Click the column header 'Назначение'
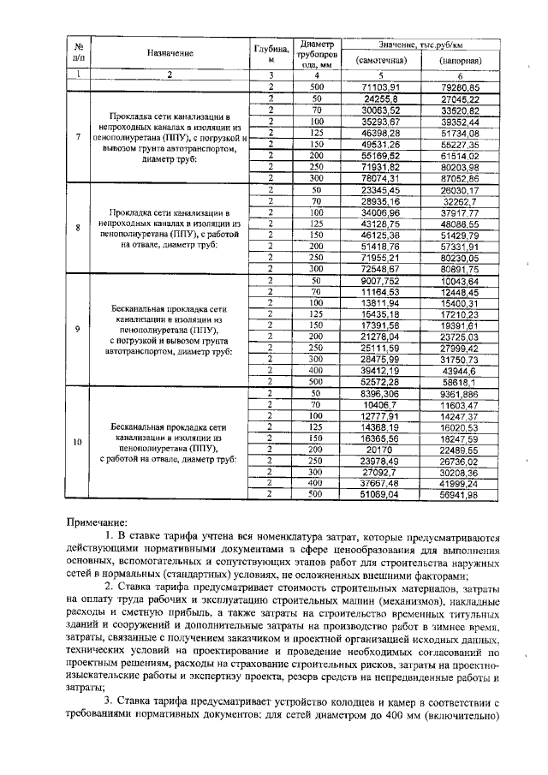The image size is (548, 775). tap(170, 53)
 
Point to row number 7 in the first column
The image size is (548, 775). tap(79, 137)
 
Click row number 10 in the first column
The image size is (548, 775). tap(79, 442)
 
